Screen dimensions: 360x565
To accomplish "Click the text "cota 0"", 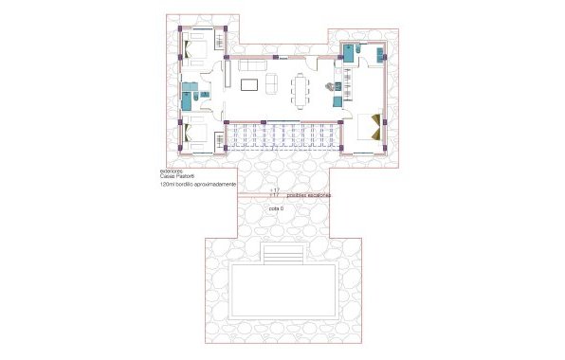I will coord(277,207).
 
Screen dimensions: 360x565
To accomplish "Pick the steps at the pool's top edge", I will coord(282,257).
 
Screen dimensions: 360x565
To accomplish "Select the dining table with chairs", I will coord(301,91).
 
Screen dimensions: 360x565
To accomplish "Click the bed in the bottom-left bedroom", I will coord(199,135).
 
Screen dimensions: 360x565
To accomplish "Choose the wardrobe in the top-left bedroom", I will coord(219,42).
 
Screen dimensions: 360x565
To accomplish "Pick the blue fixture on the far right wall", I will coord(384,52).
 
